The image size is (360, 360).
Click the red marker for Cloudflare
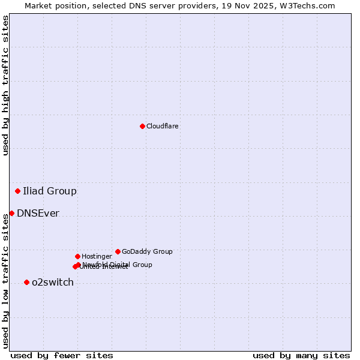pyautogui.click(x=142, y=126)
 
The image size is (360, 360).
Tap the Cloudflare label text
pyautogui.click(x=163, y=127)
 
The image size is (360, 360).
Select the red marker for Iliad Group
pyautogui.click(x=17, y=191)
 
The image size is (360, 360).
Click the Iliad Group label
pyautogui.click(x=50, y=191)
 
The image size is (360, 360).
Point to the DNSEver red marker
pyautogui.click(x=11, y=213)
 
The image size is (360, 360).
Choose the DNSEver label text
pyautogui.click(x=38, y=214)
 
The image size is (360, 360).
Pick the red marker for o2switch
pyautogui.click(x=26, y=282)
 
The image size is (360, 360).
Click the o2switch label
pyautogui.click(x=53, y=283)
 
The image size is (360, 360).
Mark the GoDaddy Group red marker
pyautogui.click(x=118, y=251)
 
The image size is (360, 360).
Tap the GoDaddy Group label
pyautogui.click(x=147, y=252)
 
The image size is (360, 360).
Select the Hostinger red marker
pyautogui.click(x=77, y=256)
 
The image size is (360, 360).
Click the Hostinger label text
pyautogui.click(x=97, y=257)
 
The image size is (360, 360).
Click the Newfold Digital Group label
pyautogui.click(x=118, y=264)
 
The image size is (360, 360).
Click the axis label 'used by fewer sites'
pyautogui.click(x=62, y=355)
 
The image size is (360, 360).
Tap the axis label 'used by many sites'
pyautogui.click(x=301, y=355)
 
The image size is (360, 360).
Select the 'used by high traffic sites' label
pyautogui.click(x=5, y=85)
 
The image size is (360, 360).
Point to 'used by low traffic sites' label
pyautogui.click(x=5, y=280)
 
